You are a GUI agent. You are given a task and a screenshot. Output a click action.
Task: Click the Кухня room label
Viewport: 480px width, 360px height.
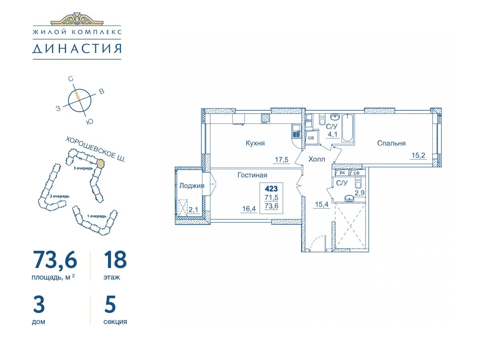(255, 143)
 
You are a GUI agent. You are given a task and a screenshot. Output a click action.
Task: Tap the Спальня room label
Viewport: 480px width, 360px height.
(392, 143)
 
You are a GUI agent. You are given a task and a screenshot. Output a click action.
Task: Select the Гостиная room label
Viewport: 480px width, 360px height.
(252, 175)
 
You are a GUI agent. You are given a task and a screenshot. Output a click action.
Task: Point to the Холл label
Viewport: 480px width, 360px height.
(317, 159)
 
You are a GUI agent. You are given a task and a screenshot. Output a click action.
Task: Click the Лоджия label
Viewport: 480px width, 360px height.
(192, 186)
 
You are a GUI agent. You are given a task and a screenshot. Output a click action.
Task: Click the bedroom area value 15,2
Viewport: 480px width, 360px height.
(418, 156)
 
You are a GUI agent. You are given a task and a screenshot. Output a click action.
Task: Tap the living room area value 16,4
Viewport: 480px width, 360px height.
(249, 209)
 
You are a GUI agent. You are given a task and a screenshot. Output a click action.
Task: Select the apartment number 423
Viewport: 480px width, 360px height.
(271, 189)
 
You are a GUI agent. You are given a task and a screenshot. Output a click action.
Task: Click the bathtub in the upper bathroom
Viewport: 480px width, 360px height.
(348, 128)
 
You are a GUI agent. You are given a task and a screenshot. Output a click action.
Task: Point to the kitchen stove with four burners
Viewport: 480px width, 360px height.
(266, 119)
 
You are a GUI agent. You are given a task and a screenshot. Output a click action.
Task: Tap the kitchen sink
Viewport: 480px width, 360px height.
(296, 131)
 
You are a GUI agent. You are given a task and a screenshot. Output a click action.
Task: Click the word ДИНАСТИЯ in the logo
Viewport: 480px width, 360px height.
(77, 48)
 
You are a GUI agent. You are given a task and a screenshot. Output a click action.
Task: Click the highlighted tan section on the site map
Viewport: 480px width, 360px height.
(100, 164)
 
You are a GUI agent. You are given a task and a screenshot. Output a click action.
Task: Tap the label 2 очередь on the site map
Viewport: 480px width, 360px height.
(60, 196)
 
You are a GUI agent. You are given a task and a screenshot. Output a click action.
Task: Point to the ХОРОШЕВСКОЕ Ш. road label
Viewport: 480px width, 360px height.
(96, 149)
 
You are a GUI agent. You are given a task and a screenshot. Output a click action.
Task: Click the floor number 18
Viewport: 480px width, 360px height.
(115, 260)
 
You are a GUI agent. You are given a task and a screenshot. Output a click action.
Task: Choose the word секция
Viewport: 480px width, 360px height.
(115, 322)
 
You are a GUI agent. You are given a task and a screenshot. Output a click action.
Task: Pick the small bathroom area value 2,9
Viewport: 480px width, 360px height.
(360, 193)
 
